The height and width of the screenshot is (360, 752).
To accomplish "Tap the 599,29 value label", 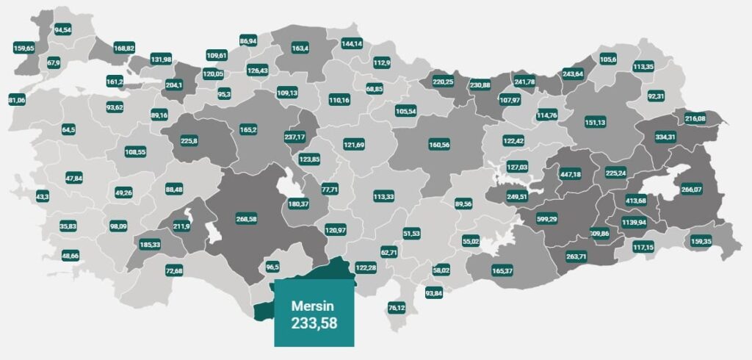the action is coord(545,218).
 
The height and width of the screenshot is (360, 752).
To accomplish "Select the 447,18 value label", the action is coord(570,174).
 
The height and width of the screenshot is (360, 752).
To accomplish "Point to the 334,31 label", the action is coord(665,137).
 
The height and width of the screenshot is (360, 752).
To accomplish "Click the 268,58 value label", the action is coord(246,218).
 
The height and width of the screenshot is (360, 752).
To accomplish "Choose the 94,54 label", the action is coord(63,30).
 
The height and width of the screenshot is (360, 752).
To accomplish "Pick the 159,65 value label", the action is coord(24,48).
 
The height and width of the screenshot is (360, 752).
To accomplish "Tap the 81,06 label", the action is coord(16,99).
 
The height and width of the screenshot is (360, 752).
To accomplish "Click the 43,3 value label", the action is coord(42,197).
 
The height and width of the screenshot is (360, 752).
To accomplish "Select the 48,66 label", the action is coord(70,256).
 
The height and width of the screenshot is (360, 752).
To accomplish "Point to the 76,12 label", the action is coord(397,307).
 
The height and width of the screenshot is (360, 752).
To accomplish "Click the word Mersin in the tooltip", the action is coord(314,305).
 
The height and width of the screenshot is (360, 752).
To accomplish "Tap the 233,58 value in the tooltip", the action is coord(314,322).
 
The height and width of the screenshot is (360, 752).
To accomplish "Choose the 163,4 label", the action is coord(300,48).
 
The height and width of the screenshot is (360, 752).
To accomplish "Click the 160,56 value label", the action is coord(439,145).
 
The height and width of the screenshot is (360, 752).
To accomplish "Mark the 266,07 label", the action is coord(692,189).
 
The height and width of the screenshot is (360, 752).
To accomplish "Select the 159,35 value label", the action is coord(701,240).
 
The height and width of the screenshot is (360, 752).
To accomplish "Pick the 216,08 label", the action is coord(695,118).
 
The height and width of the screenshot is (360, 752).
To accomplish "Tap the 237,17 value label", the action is coord(294,137).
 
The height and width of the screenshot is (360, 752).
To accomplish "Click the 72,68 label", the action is coord(174,272).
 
